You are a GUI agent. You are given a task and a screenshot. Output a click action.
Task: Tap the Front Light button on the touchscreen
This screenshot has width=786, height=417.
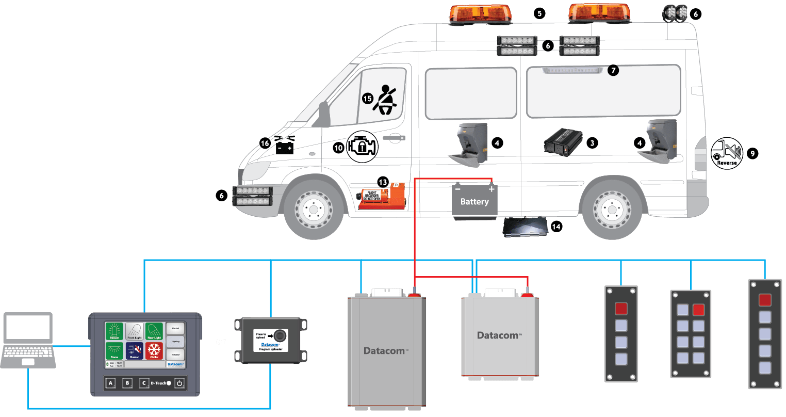click(135, 331)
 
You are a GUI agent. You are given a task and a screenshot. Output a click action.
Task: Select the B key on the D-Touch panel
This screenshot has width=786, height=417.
click(127, 383)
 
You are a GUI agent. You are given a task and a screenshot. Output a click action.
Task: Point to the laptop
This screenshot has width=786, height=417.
click(28, 340)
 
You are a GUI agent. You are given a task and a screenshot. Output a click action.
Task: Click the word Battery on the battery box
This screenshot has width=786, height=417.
click(474, 202)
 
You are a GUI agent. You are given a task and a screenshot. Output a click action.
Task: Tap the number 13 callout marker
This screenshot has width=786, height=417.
click(383, 182)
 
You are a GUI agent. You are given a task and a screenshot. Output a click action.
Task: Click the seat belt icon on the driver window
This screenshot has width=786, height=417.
click(386, 100)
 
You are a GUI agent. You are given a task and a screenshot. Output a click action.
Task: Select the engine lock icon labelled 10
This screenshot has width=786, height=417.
click(362, 147)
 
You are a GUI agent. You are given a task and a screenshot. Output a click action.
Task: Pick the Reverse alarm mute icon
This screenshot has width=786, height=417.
click(727, 153)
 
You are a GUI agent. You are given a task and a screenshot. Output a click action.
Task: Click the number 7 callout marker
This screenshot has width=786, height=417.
click(613, 71)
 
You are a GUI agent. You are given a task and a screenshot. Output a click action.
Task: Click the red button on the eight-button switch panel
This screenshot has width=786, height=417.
click(699, 310)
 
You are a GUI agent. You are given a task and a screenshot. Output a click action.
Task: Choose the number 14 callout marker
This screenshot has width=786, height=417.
click(556, 226)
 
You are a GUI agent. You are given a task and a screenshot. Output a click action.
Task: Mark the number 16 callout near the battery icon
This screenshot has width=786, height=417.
click(265, 143)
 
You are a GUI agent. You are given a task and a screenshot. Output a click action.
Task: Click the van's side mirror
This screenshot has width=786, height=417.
click(324, 115)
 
